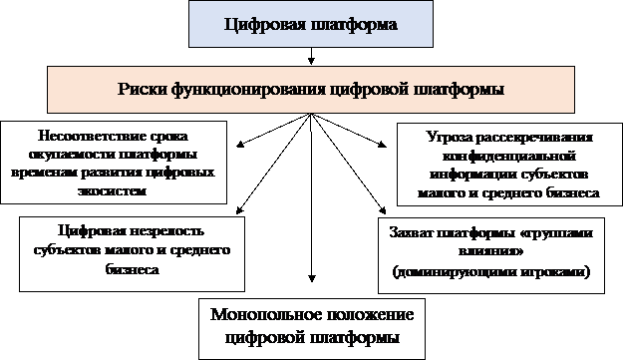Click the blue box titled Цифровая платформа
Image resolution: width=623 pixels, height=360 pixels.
(x=311, y=24)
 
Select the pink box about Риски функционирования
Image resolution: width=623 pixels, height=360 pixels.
(x=311, y=89)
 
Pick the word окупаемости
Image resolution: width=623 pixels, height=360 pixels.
(x=68, y=153)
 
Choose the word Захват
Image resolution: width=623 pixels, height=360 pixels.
(x=413, y=234)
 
